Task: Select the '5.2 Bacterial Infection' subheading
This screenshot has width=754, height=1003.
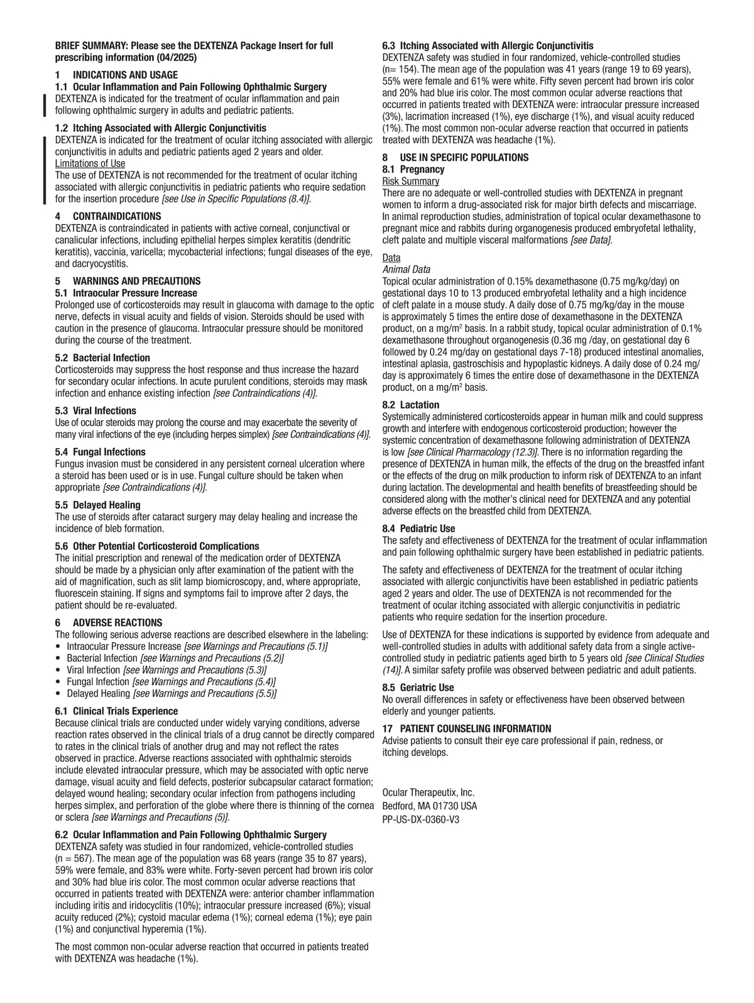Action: [x=94, y=358]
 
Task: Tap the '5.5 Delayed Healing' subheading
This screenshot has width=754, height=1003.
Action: [x=97, y=505]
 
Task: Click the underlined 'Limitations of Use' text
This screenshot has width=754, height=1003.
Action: [x=90, y=163]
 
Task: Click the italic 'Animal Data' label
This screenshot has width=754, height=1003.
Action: [x=406, y=270]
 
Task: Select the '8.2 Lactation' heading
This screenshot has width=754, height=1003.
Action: [x=411, y=405]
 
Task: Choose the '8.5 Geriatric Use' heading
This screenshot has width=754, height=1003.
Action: [x=418, y=688]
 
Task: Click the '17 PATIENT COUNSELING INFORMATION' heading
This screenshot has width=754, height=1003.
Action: [x=467, y=728]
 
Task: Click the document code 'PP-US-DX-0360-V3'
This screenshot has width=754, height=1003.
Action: [x=420, y=819]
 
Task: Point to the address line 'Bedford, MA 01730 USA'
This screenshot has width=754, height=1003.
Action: [x=430, y=806]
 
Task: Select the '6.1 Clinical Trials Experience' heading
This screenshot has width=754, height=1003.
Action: [x=116, y=711]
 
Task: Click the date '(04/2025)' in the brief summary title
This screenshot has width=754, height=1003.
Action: [x=177, y=57]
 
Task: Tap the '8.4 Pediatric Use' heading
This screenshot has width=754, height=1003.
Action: [x=418, y=529]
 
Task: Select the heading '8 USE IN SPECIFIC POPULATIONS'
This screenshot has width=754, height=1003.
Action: [x=456, y=157]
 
